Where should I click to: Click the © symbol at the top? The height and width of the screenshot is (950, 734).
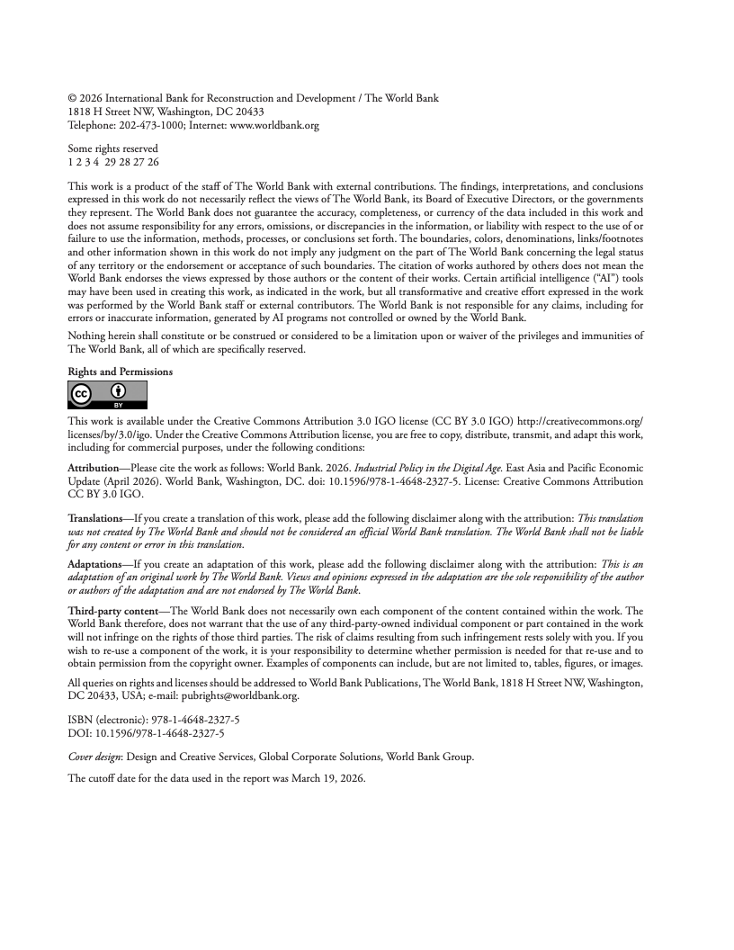pos(73,98)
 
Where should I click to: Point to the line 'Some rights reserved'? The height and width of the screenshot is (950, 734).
pos(113,148)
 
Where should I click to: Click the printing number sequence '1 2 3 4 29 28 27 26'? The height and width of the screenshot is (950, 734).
pos(113,162)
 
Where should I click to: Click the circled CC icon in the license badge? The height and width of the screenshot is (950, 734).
pos(80,393)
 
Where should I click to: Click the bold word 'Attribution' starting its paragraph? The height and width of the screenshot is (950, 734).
pos(94,469)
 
